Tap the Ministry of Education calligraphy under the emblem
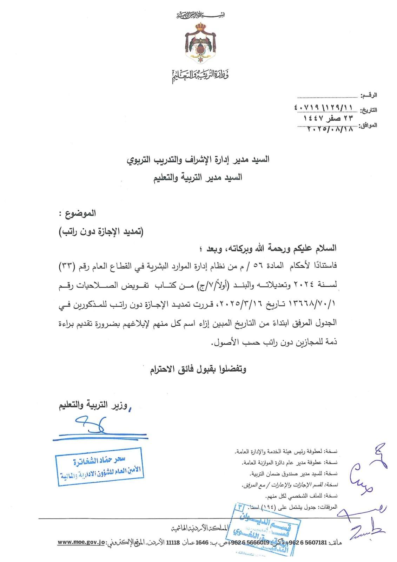200,77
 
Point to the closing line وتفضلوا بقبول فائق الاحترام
198,369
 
